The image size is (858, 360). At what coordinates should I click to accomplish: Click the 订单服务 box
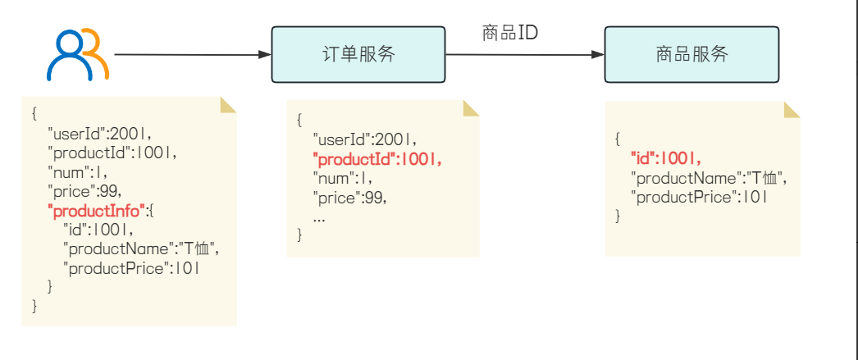point(358,55)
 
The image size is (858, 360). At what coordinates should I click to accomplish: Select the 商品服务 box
point(691,55)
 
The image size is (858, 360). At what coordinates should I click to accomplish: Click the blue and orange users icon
point(77,55)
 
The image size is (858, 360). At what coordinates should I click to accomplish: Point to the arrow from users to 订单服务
point(193,55)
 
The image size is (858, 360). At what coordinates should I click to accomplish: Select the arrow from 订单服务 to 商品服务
point(525,56)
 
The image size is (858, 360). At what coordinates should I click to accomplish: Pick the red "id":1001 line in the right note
point(666,158)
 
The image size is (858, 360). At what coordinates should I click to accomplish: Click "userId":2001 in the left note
point(99,132)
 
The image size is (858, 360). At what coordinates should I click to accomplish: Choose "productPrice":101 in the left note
point(130,267)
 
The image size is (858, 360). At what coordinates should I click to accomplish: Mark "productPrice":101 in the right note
point(699,197)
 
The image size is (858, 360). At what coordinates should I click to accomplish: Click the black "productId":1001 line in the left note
point(112,152)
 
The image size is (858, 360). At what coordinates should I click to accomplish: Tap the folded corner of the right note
point(792,111)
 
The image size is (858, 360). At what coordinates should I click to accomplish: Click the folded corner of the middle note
point(472,109)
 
